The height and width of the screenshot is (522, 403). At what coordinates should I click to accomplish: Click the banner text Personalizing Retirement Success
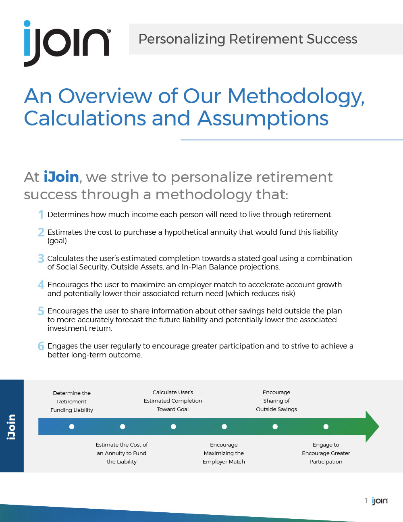[248, 39]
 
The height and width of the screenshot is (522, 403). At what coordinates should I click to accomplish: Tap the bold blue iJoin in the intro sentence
[61, 177]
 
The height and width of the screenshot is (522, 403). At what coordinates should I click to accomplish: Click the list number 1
[41, 214]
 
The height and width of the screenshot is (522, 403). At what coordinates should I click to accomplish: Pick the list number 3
[41, 259]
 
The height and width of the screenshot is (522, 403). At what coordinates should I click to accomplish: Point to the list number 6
[41, 346]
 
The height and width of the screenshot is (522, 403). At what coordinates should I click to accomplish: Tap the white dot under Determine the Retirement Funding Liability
[72, 427]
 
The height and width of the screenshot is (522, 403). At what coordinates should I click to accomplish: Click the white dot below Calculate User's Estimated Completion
[173, 427]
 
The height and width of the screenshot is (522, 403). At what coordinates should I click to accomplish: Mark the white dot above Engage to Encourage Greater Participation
[326, 427]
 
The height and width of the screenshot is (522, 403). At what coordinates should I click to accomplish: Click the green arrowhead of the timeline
[371, 427]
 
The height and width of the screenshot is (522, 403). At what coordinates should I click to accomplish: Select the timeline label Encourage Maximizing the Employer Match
[224, 453]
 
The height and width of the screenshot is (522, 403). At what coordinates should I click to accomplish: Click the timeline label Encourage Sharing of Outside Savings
[276, 401]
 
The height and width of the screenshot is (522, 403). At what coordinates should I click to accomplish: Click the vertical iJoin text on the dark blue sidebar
[11, 427]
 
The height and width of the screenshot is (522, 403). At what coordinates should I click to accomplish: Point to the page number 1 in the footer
[366, 501]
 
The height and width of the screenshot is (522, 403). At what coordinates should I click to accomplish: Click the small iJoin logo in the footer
[380, 501]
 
